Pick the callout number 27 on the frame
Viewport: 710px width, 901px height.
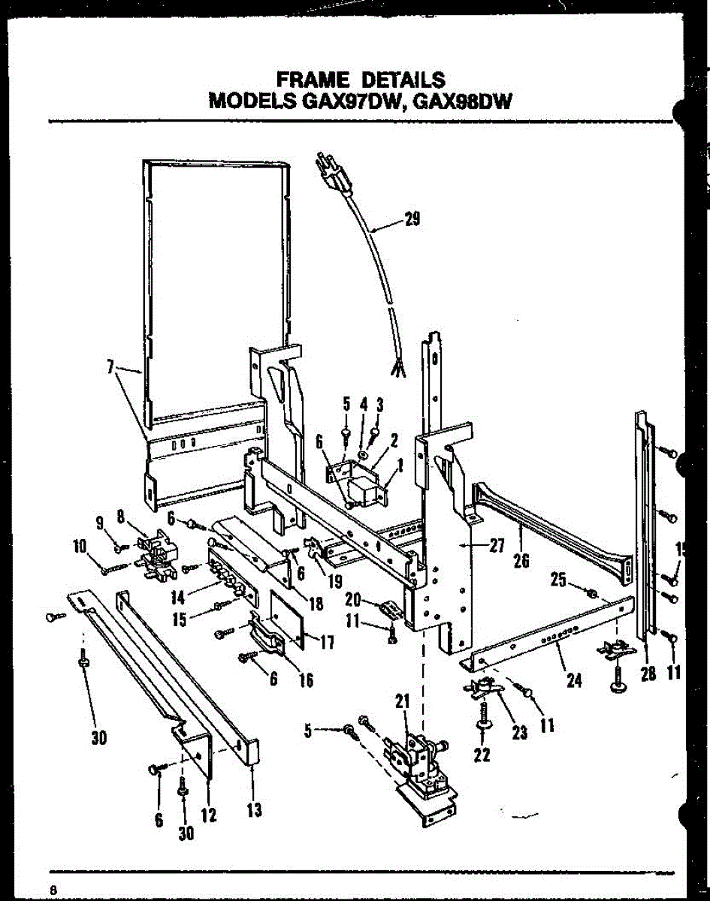pyautogui.click(x=496, y=547)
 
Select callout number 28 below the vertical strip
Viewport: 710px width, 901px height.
pyautogui.click(x=648, y=673)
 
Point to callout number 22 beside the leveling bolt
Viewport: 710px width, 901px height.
pyautogui.click(x=482, y=755)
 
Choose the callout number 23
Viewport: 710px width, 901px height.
pyautogui.click(x=520, y=733)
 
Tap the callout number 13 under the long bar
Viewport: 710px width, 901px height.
pyautogui.click(x=254, y=809)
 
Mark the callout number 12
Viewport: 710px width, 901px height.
pyautogui.click(x=210, y=814)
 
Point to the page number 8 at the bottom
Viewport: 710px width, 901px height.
pyautogui.click(x=54, y=889)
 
